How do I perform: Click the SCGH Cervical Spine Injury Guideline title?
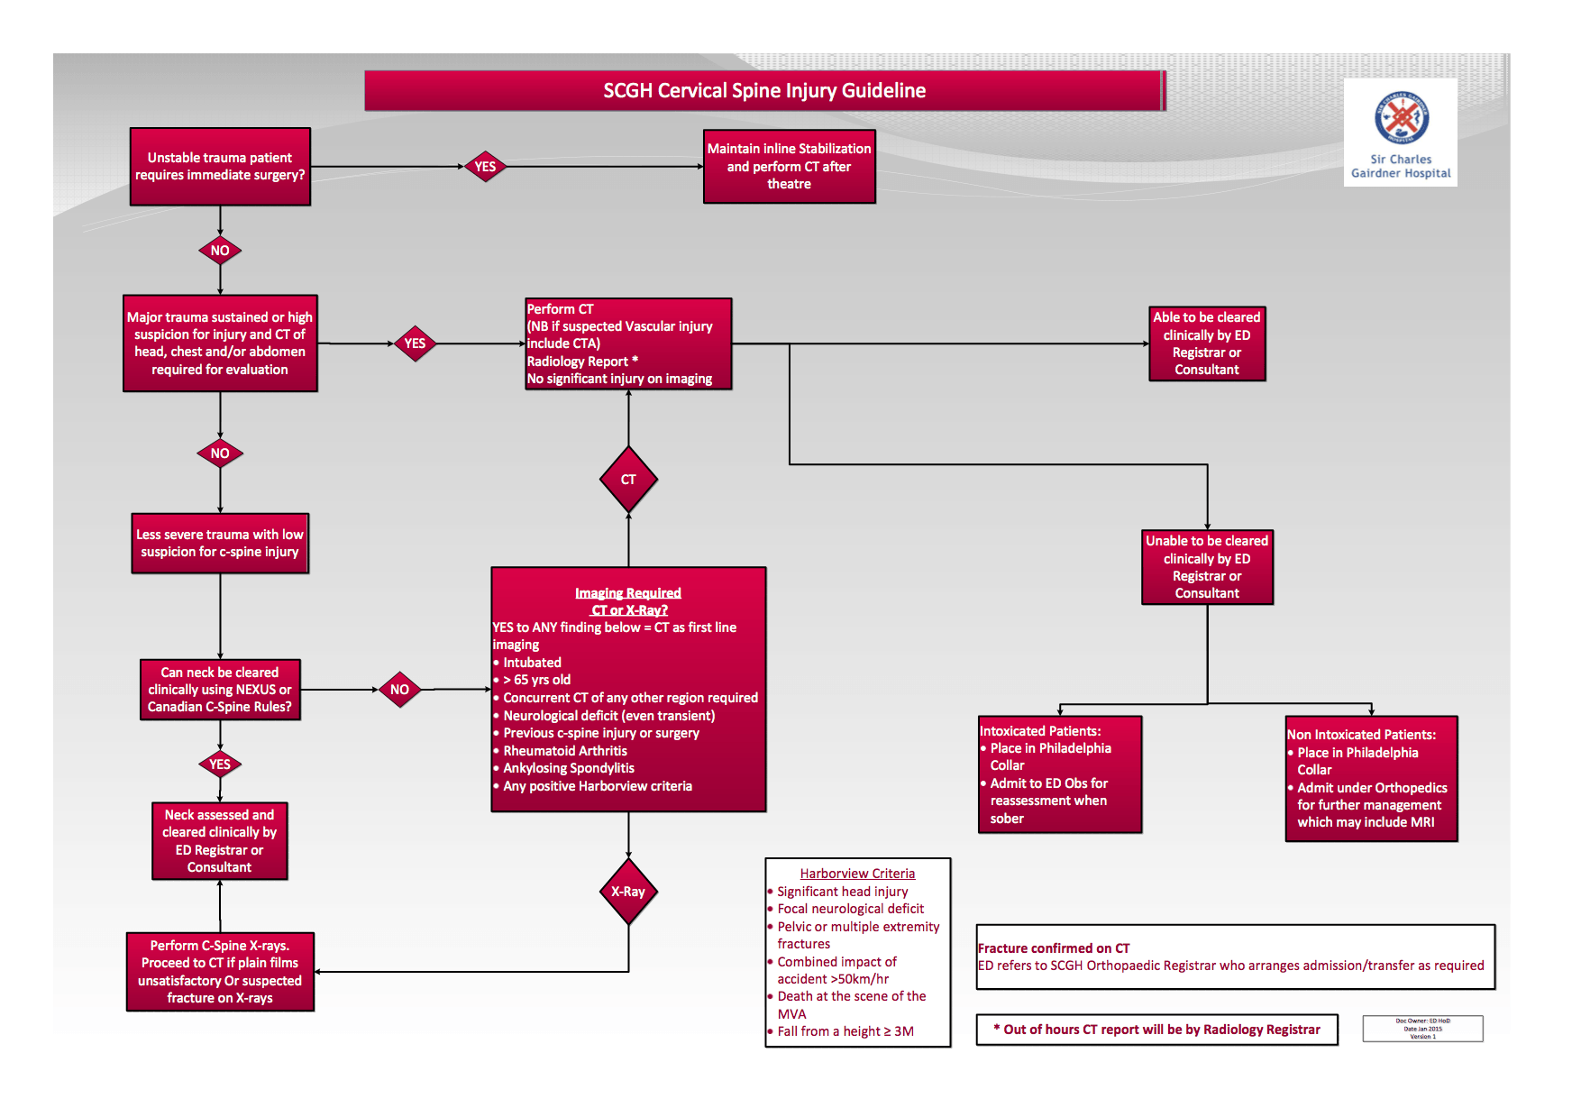pos(764,91)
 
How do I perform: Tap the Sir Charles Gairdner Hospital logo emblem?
pos(1401,117)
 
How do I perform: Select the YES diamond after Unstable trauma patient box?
pos(485,167)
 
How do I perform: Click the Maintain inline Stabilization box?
pos(789,167)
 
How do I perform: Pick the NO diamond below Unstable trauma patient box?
pos(220,251)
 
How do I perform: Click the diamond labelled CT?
pos(628,480)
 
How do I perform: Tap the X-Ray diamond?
pos(628,892)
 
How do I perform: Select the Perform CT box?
pos(628,343)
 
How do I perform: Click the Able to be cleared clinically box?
pos(1206,343)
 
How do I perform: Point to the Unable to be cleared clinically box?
pos(1206,567)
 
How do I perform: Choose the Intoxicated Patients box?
pos(1059,774)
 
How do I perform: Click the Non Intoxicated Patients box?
pos(1370,779)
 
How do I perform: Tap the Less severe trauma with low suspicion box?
pos(220,544)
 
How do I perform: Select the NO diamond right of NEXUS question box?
pos(399,690)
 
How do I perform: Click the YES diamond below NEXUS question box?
pos(220,765)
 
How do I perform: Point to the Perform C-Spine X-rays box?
pos(220,972)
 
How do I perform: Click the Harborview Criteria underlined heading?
pos(857,874)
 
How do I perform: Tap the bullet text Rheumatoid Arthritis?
pos(565,751)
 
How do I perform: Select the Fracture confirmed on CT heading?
pos(1054,948)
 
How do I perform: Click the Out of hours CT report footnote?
pos(1156,1030)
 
